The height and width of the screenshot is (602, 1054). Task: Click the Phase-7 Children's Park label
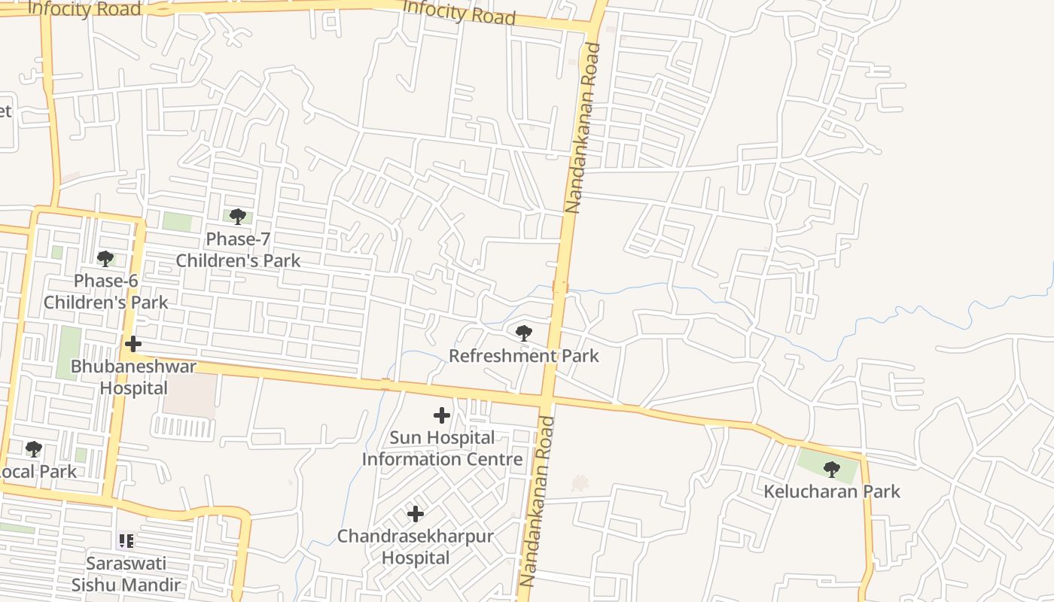click(x=238, y=250)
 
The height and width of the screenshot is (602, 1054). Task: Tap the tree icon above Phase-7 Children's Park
click(x=238, y=217)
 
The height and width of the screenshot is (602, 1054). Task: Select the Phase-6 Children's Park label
click(x=105, y=292)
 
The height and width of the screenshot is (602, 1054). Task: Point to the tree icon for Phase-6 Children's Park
click(x=105, y=259)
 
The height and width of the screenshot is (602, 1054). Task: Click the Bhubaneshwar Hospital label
click(x=133, y=378)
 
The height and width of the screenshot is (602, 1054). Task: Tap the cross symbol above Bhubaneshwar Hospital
click(x=133, y=345)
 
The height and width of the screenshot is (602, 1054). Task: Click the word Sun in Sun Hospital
click(x=405, y=438)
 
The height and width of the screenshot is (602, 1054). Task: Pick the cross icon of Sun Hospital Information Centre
click(x=442, y=415)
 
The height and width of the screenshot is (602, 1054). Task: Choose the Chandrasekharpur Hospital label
click(x=415, y=547)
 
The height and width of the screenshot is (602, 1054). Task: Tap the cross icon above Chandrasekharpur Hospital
click(x=415, y=515)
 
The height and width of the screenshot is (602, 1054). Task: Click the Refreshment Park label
click(x=524, y=356)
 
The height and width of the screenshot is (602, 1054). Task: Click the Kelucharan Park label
click(x=832, y=492)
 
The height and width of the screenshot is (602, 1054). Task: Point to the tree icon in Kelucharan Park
click(x=831, y=470)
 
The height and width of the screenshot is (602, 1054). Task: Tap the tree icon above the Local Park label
click(x=33, y=449)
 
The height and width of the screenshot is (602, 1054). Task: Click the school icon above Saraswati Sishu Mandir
click(x=126, y=540)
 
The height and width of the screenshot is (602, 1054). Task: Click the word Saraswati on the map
click(x=126, y=564)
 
